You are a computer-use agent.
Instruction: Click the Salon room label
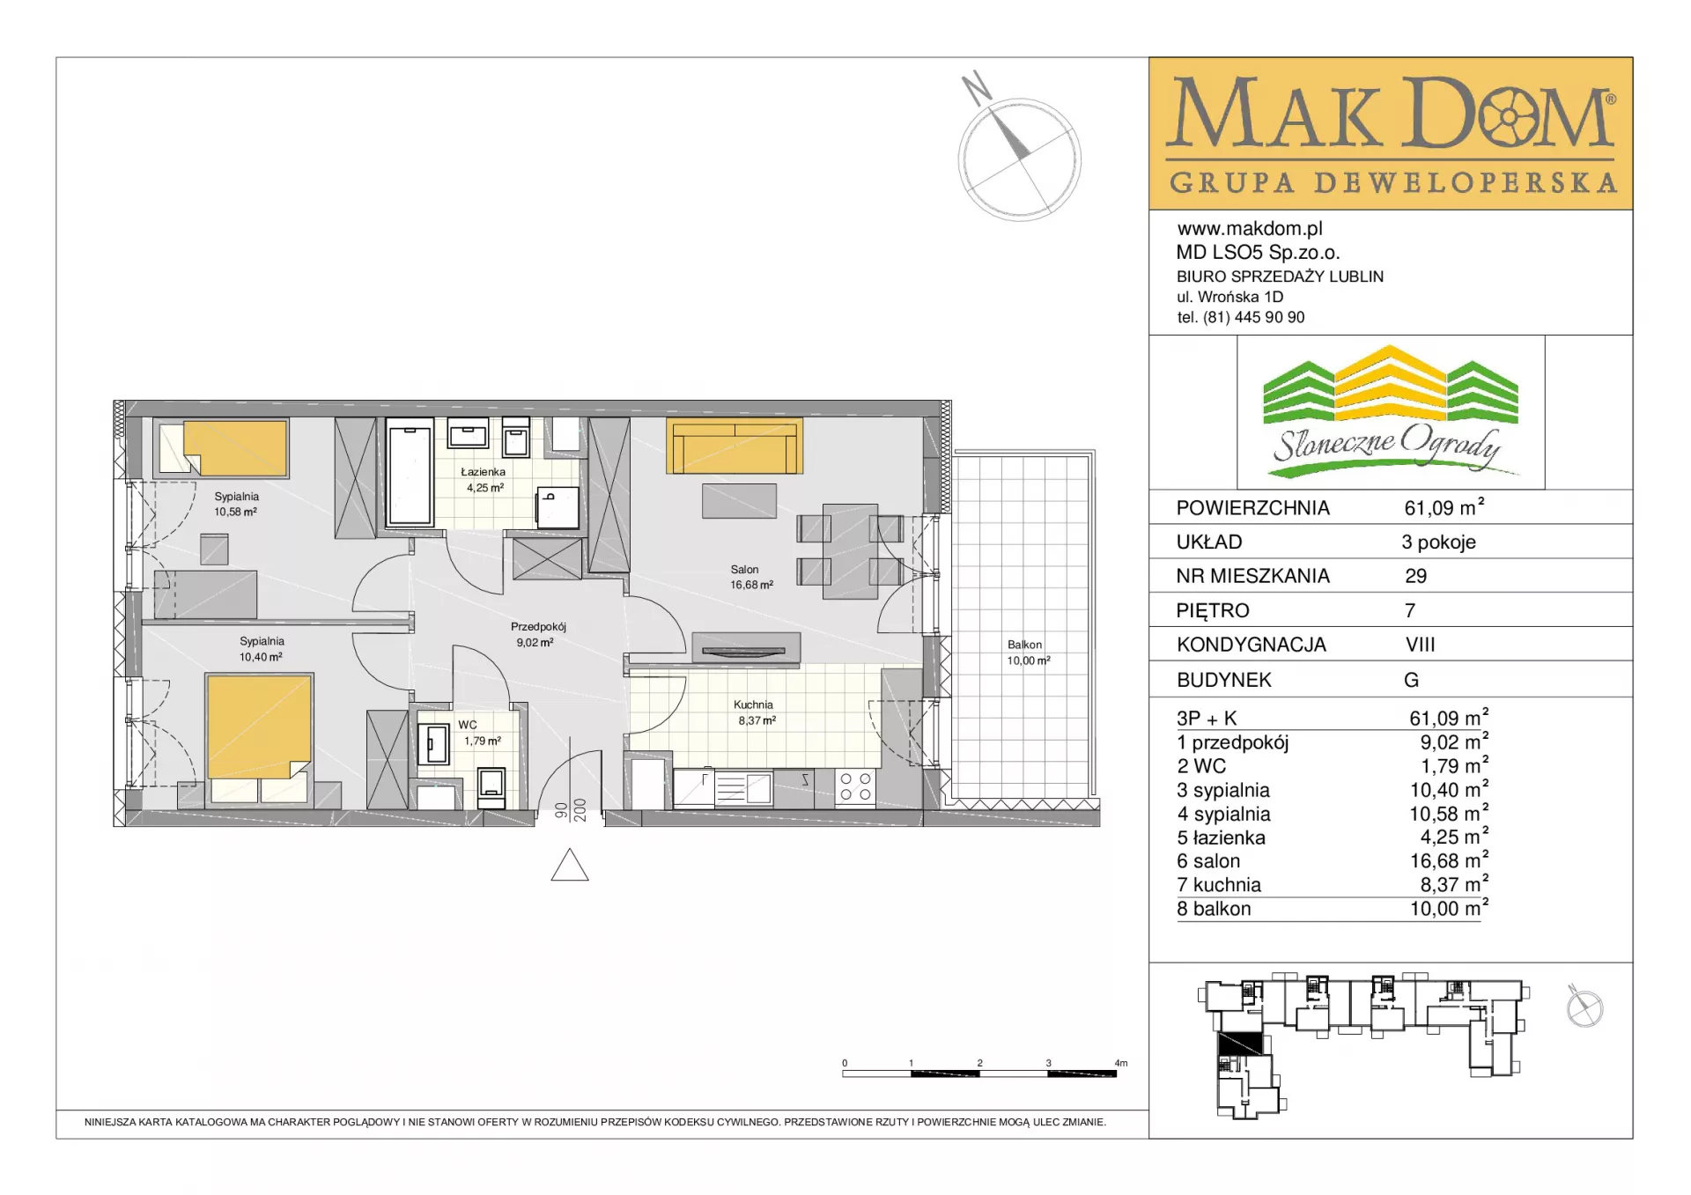tap(744, 570)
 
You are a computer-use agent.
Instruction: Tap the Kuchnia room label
tap(753, 704)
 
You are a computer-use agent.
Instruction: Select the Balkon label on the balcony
tap(1024, 645)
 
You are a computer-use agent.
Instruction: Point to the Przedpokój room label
tap(538, 627)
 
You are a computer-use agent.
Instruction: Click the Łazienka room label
tap(484, 472)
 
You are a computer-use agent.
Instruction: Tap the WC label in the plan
tap(468, 725)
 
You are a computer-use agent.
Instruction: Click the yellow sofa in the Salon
tap(735, 446)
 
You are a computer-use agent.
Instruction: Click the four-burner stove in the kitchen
tap(855, 786)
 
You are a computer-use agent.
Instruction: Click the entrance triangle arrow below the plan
tap(570, 865)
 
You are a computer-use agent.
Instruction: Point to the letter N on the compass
tap(976, 88)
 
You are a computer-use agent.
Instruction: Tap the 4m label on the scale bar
tap(1120, 1063)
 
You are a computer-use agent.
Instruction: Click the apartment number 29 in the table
tap(1415, 576)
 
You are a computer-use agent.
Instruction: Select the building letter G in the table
tap(1411, 680)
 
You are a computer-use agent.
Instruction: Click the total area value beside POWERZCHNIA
tap(1444, 507)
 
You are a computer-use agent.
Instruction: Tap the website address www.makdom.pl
tap(1250, 229)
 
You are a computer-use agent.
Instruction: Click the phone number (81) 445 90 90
tap(1254, 317)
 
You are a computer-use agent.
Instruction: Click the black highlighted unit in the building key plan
tap(1240, 1043)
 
